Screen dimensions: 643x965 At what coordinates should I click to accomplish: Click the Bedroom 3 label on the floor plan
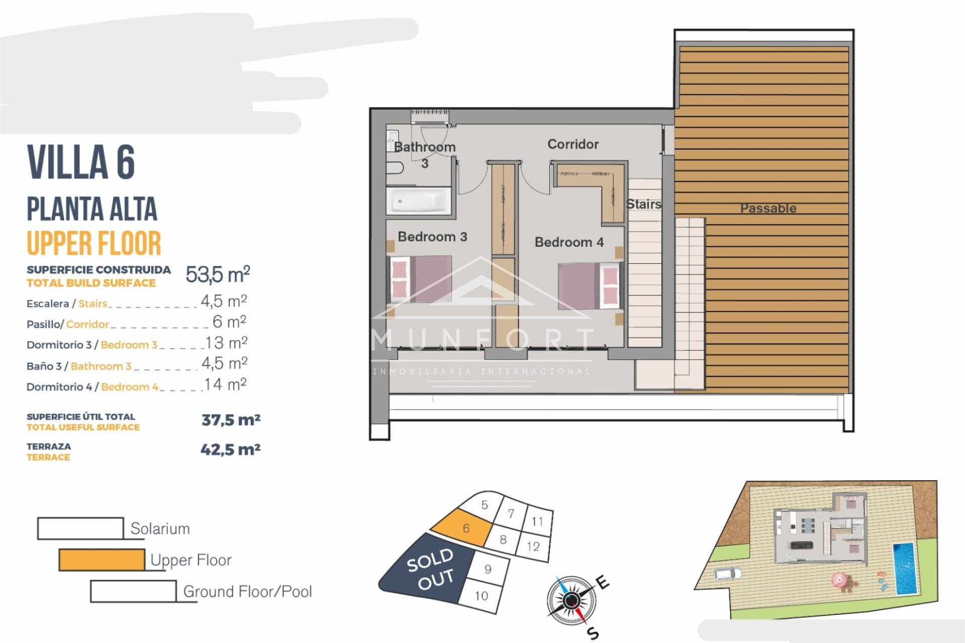coord(432,237)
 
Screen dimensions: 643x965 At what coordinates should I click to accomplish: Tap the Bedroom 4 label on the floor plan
coord(569,242)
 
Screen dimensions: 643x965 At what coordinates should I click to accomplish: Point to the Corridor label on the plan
coord(573,144)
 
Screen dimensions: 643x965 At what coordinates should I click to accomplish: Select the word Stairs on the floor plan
coord(643,204)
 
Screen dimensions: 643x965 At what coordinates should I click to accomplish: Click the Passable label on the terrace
coord(768,208)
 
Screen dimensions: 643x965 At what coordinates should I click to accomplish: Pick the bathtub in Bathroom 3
coord(419,201)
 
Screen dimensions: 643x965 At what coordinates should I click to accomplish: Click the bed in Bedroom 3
coord(421,279)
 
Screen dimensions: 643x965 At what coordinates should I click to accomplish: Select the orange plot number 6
coord(466,528)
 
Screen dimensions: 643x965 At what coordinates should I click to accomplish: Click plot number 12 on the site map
coord(533,546)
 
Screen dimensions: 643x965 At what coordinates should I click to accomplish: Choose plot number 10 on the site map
coord(481,596)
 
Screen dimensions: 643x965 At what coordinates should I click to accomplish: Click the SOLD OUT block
coord(430,569)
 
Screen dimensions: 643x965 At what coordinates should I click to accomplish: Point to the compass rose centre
coord(571,600)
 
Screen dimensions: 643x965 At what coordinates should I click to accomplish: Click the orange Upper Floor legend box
coord(102,560)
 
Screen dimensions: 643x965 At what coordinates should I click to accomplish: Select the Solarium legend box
coord(80,528)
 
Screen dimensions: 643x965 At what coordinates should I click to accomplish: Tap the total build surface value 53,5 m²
coord(218,274)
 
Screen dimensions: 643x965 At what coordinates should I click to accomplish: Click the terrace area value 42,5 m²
coord(230,450)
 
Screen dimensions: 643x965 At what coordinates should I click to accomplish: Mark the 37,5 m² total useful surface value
coord(231,420)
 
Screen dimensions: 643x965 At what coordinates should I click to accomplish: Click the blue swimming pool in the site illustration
coord(904,568)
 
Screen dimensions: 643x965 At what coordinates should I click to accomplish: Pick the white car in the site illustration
coord(727,573)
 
